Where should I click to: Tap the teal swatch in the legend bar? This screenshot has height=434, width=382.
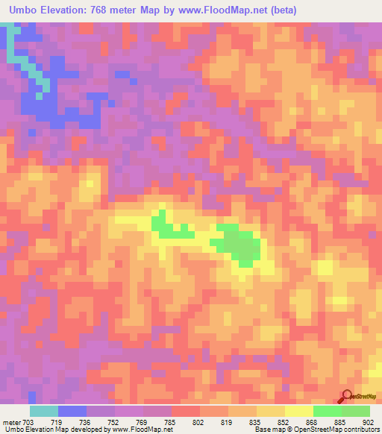[44, 411]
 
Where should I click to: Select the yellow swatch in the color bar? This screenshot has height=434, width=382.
[298, 411]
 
